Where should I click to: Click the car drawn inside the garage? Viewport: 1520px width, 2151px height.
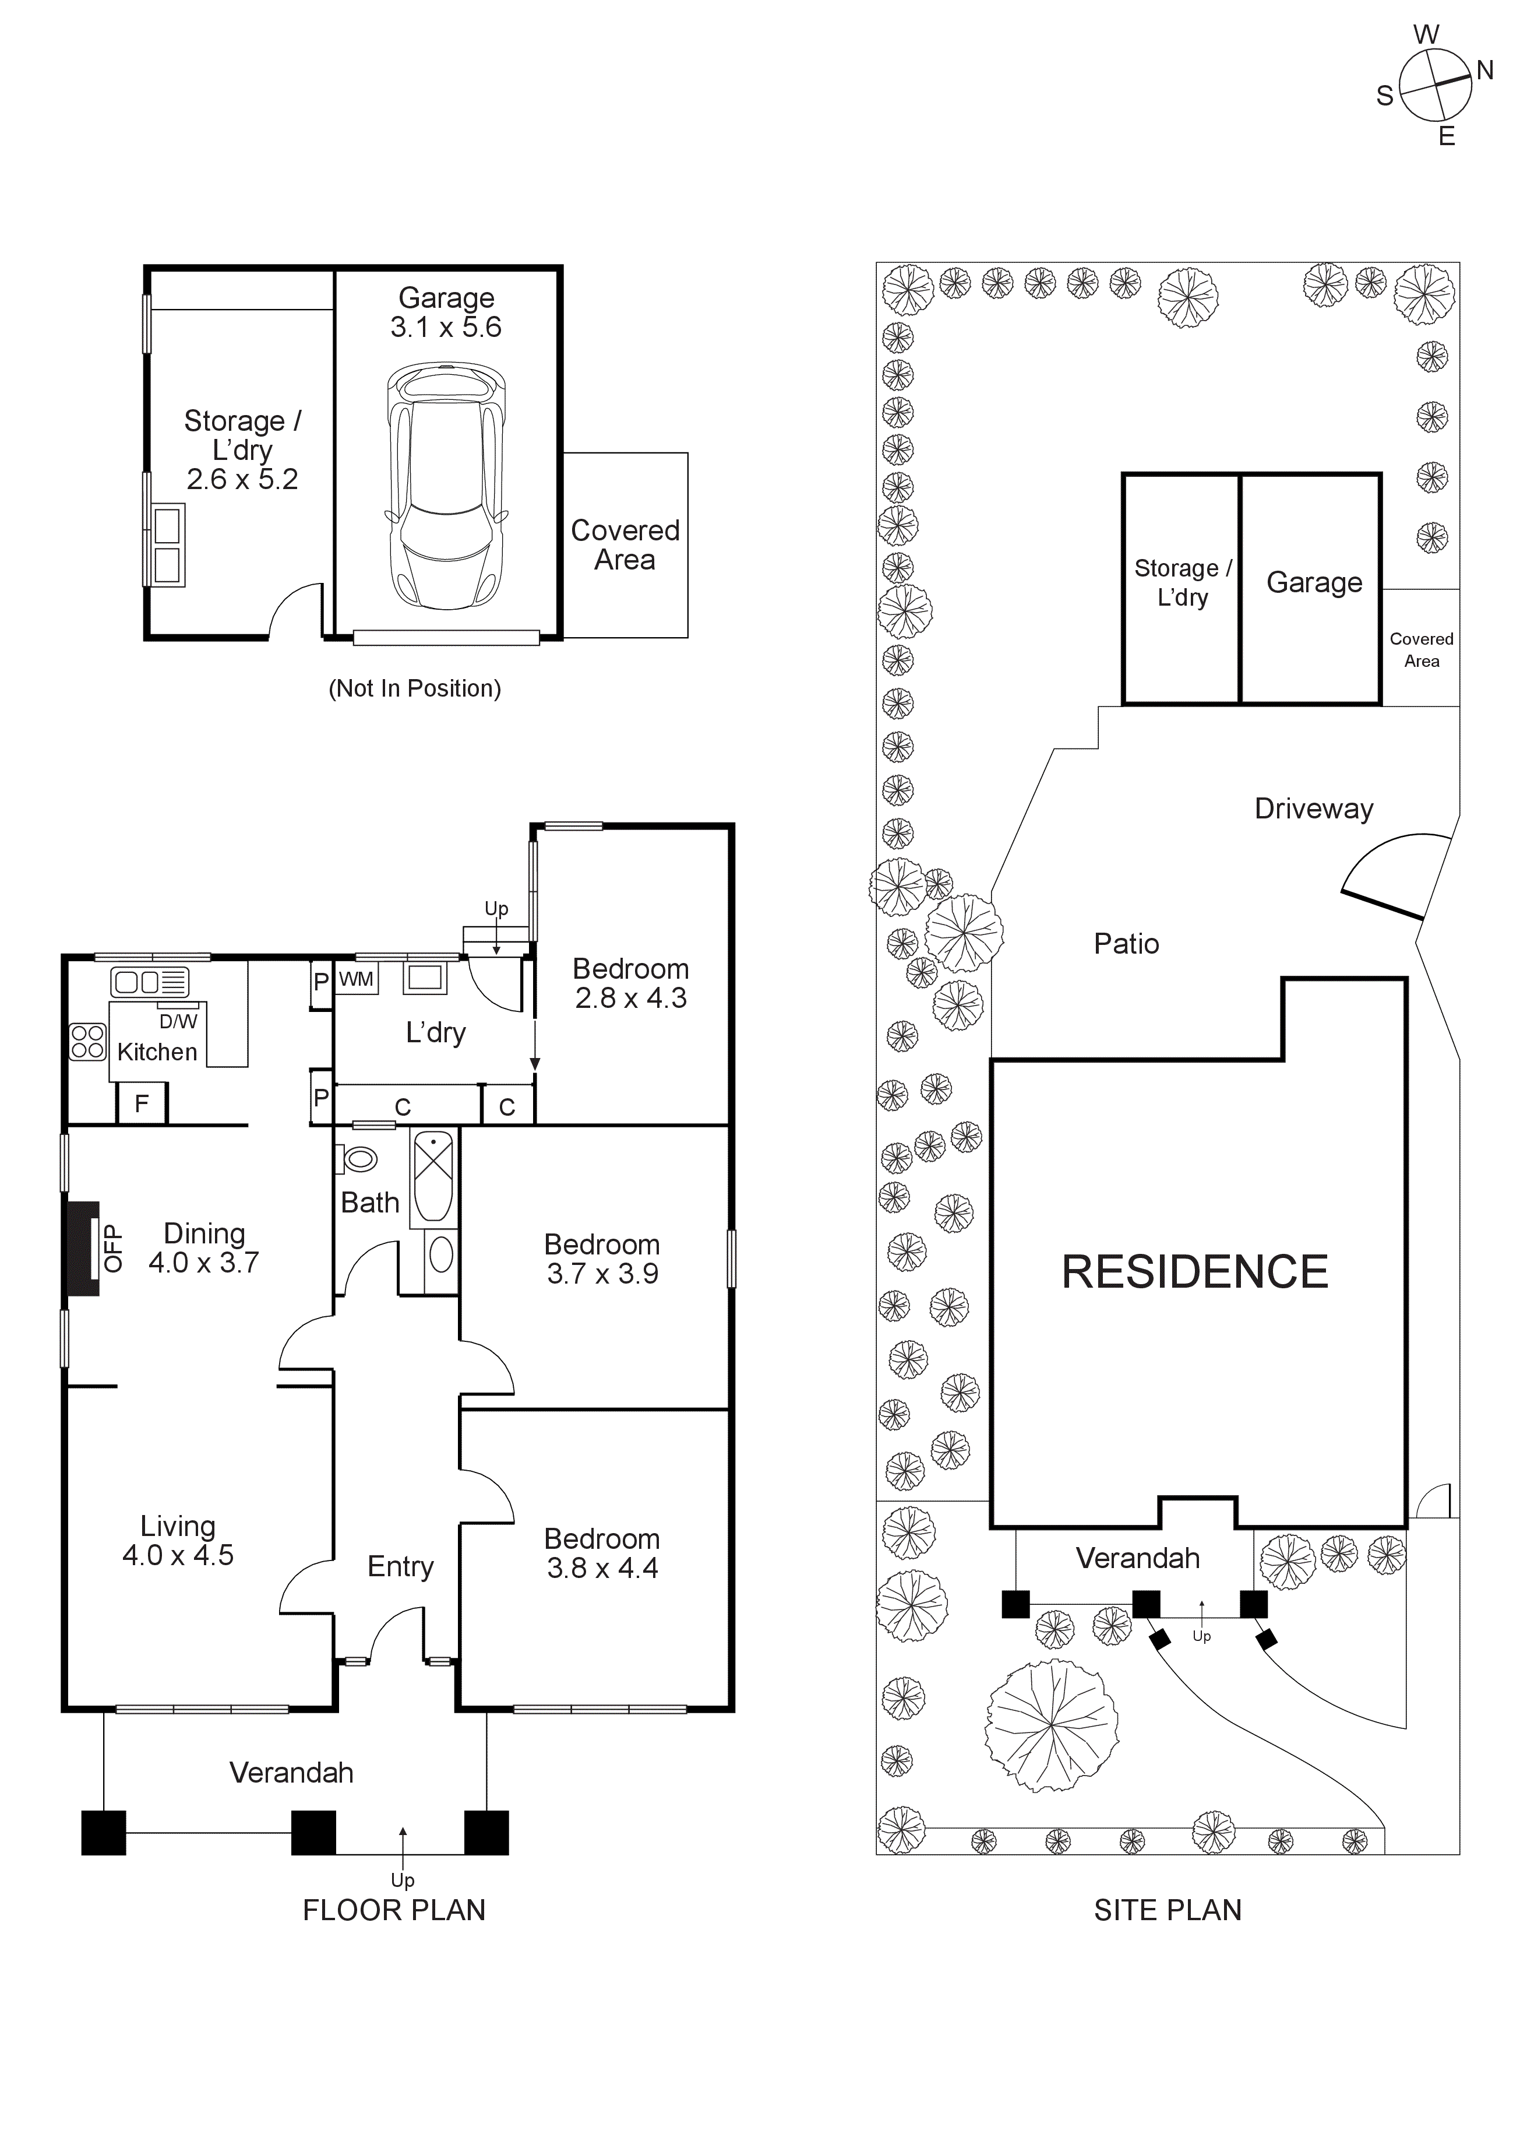click(446, 487)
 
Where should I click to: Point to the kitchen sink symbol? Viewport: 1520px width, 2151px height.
click(150, 982)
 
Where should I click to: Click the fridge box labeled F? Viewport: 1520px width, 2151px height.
click(142, 1103)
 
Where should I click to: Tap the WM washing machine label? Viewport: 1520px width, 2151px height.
click(356, 980)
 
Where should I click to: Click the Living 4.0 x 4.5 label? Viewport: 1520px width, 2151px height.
click(178, 1541)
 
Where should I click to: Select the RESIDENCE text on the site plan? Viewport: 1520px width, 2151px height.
click(1194, 1272)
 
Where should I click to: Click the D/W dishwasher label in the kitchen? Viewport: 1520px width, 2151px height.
click(178, 1022)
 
